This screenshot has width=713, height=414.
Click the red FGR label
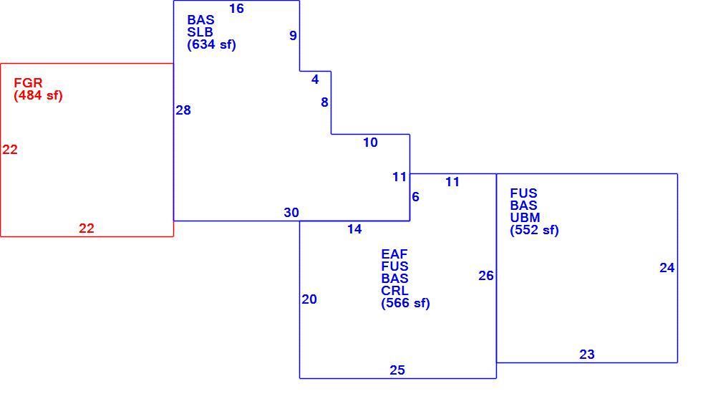tap(28, 83)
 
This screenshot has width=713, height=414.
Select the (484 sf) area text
tap(38, 95)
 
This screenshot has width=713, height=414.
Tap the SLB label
tap(200, 32)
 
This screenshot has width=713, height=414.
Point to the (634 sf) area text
tap(211, 44)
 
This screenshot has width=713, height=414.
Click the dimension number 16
tap(236, 9)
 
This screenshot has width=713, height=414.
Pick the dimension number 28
tap(183, 110)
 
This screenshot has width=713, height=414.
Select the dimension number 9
tap(294, 36)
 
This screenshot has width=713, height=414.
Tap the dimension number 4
tap(315, 80)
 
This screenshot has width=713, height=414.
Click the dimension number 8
tap(324, 102)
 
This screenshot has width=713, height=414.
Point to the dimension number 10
tap(371, 143)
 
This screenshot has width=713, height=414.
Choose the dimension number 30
tap(291, 213)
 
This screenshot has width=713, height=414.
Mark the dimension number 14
tap(354, 228)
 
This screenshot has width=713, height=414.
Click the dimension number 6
tap(416, 197)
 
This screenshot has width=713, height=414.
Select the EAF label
tap(394, 254)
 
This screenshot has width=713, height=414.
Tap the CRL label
tap(394, 291)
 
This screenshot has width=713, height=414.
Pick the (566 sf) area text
tap(406, 303)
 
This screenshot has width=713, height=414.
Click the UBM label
tap(525, 218)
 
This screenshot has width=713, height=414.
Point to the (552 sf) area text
tap(534, 230)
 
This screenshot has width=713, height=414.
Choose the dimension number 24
tap(667, 268)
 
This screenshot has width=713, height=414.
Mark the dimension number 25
tap(397, 370)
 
